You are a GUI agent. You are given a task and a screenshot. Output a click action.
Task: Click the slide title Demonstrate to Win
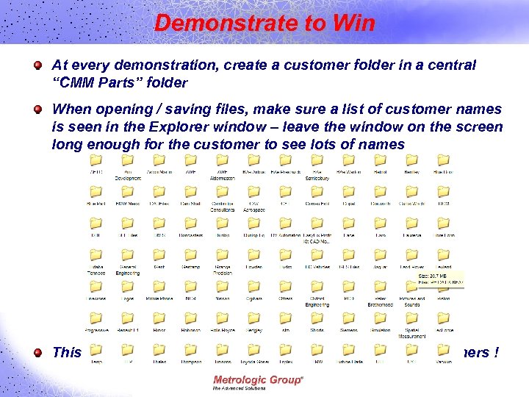coord(264,24)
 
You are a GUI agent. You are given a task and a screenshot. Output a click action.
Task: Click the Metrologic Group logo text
coord(257,380)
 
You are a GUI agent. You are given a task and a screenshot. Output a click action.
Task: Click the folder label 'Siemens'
coord(348,331)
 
